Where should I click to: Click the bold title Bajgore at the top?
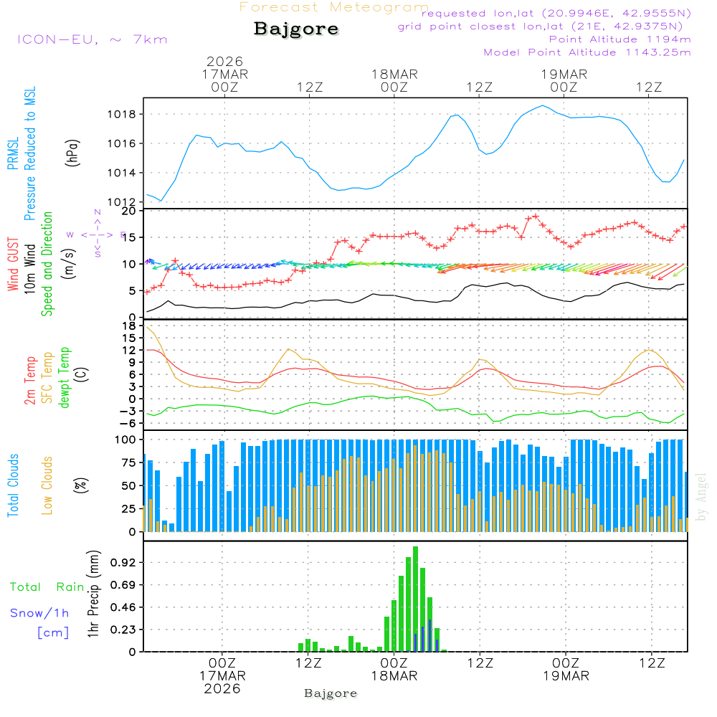pos(296,29)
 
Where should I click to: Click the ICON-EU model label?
pos(92,39)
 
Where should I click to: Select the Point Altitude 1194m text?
pos(619,39)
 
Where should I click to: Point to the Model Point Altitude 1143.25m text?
pos(587,52)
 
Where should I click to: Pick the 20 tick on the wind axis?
pos(130,211)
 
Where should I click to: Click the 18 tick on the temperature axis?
pos(130,326)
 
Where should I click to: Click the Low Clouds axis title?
pos(47,485)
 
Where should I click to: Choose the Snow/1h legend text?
pos(40,613)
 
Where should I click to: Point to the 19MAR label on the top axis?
pos(564,74)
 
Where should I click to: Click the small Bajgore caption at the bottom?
pos(331,693)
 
